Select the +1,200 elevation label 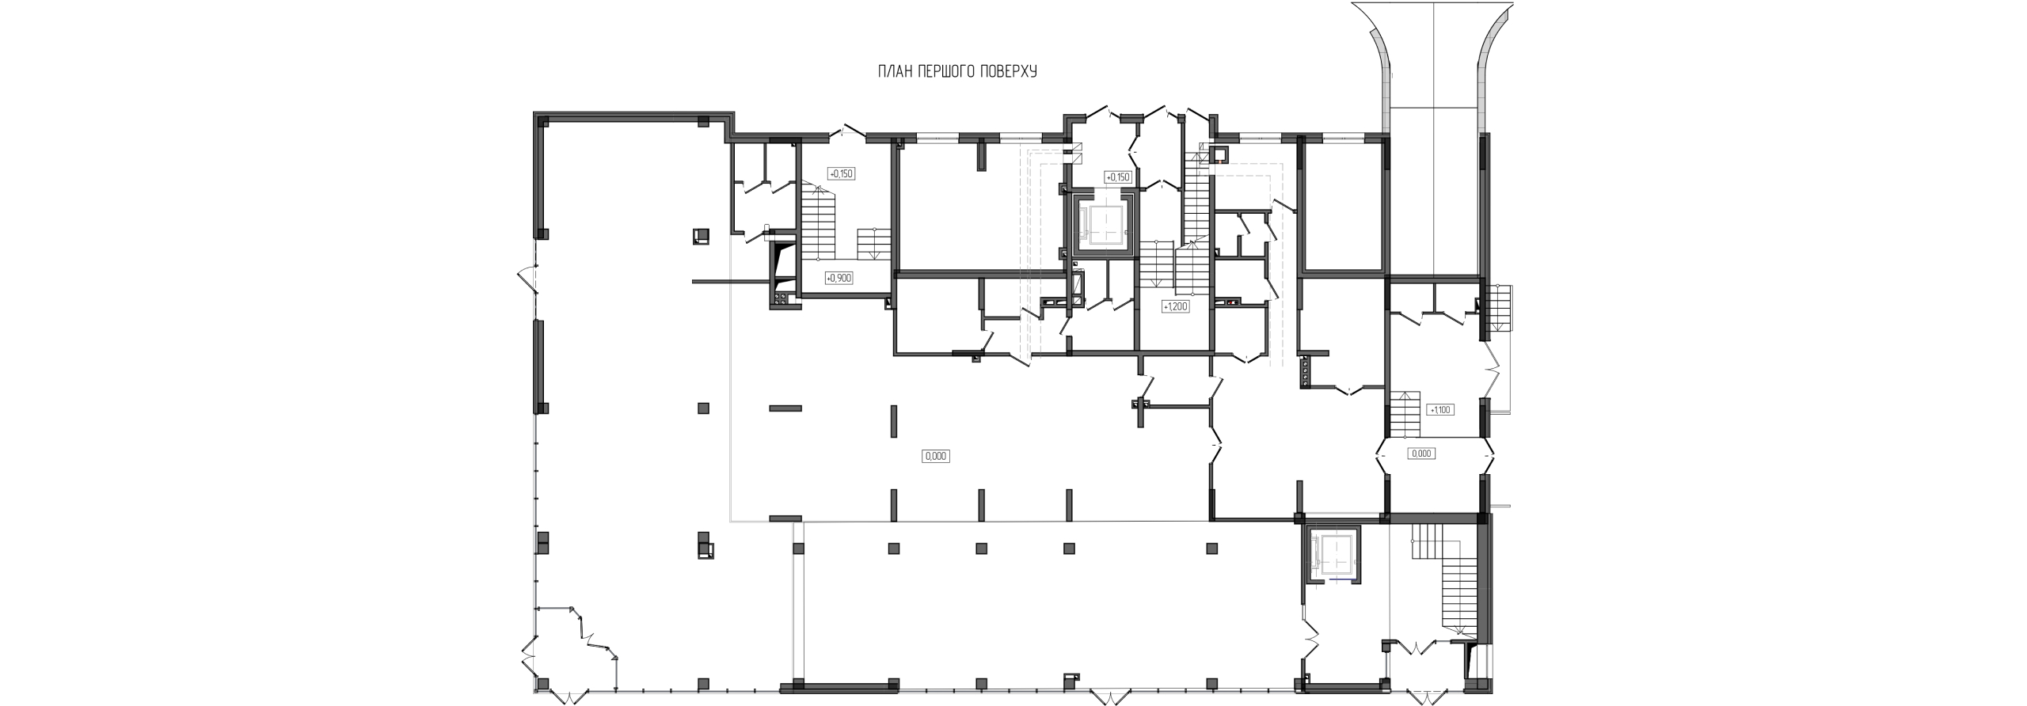tap(1175, 306)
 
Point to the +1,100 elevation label tap(1439, 410)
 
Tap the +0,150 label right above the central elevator tap(1117, 176)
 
